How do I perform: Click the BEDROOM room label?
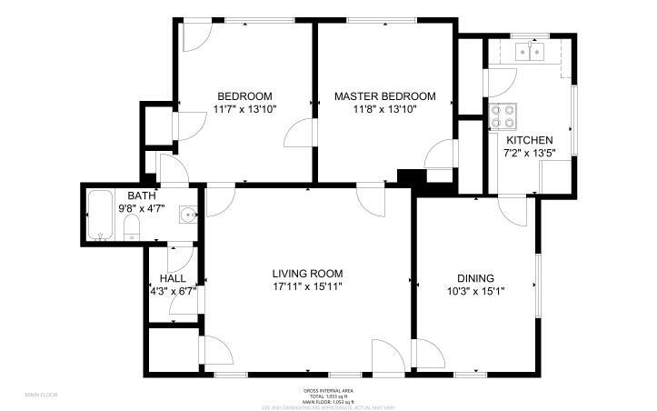click(244, 96)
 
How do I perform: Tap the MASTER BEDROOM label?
click(384, 96)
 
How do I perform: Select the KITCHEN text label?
click(530, 140)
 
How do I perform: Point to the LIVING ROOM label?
click(307, 273)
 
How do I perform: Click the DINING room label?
click(475, 278)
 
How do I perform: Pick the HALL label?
click(173, 278)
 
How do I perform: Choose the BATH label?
click(141, 195)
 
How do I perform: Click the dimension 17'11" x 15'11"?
click(307, 286)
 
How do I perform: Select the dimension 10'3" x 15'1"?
click(475, 292)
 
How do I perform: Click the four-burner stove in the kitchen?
click(503, 116)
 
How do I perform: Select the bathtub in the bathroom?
click(100, 216)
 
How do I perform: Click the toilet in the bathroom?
click(130, 227)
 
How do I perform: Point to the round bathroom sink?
click(188, 216)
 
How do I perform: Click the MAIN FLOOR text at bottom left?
click(42, 395)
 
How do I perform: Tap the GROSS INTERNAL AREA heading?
click(328, 390)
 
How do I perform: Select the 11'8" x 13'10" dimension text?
click(384, 109)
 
